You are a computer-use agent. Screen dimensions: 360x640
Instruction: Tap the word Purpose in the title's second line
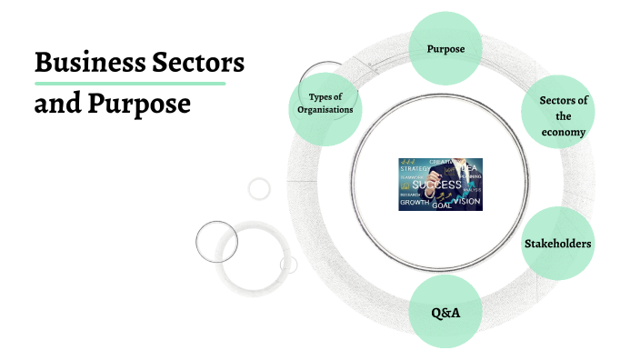139,104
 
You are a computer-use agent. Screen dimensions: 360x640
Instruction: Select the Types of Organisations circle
324,104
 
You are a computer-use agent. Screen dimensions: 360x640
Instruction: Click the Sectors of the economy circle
557,113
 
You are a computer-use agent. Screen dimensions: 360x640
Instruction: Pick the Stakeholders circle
557,244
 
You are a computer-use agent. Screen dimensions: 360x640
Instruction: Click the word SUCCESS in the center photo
435,185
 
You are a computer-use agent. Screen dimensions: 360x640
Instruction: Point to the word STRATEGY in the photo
414,168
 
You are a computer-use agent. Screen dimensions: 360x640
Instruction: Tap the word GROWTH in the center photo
415,203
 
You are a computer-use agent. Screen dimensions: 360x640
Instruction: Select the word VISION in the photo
466,200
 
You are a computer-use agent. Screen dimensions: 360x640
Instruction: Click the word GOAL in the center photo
442,205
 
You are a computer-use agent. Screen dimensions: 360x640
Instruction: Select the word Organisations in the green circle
324,110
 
